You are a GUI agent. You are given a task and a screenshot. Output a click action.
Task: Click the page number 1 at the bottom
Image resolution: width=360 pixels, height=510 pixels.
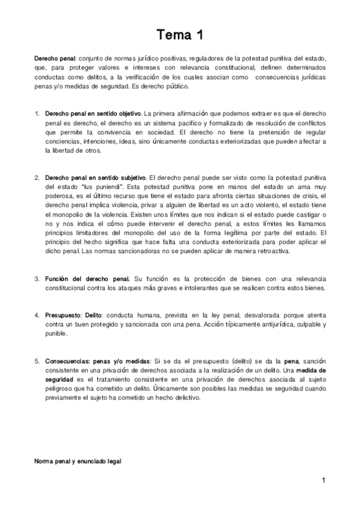point(323,481)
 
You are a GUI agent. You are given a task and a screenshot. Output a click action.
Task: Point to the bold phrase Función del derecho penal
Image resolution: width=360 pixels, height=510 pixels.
point(87,279)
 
